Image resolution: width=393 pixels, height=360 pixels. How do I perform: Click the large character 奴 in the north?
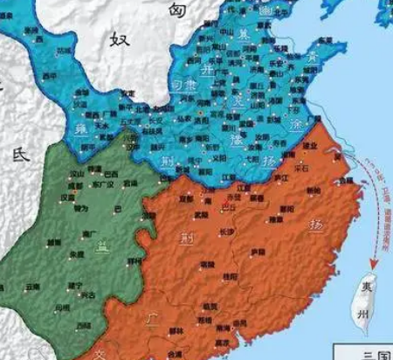pyautogui.click(x=119, y=38)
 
